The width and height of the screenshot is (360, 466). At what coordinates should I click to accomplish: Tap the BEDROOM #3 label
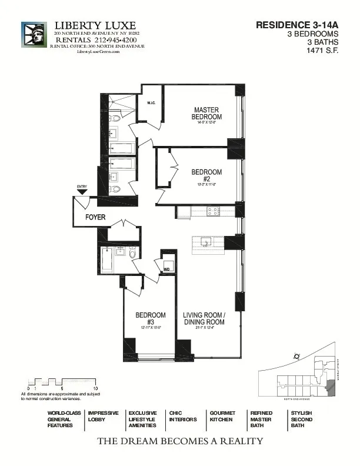click(150, 318)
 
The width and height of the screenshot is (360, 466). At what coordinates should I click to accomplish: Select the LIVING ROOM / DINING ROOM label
click(204, 318)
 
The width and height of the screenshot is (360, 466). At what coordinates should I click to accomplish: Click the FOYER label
click(95, 217)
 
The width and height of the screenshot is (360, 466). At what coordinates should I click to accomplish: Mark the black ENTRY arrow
click(82, 191)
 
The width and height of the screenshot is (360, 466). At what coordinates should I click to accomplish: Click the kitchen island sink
click(206, 241)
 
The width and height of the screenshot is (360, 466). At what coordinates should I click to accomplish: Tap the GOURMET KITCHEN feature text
click(222, 419)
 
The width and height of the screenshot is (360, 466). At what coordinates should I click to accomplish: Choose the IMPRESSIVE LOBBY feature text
click(103, 417)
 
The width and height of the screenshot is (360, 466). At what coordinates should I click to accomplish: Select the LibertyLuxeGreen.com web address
click(98, 52)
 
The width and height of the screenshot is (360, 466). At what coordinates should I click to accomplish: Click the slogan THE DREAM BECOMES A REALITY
click(179, 441)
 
